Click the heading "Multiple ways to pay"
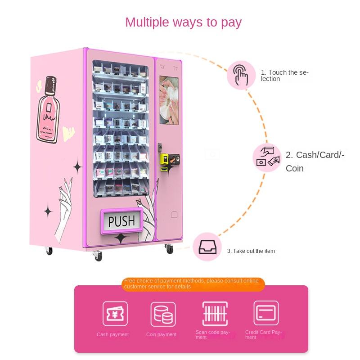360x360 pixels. (x=183, y=22)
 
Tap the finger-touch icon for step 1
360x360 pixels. (x=241, y=75)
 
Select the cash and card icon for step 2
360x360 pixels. (x=267, y=157)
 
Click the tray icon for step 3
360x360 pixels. (x=207, y=247)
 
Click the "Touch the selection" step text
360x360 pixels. (x=284, y=76)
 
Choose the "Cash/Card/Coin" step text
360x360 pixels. (x=315, y=162)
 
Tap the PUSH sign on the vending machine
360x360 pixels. (x=121, y=221)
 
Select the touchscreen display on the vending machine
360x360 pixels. (x=169, y=100)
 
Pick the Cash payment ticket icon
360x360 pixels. (x=115, y=313)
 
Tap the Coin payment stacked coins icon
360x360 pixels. (x=163, y=314)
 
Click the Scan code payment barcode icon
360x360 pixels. (x=215, y=313)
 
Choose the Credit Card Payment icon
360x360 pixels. (x=266, y=313)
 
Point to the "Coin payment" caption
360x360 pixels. (x=161, y=335)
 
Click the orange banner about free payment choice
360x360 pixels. (x=193, y=284)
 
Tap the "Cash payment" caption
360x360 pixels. (x=112, y=335)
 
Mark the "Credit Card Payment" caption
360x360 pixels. (x=264, y=335)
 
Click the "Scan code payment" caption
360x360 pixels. (x=213, y=335)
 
